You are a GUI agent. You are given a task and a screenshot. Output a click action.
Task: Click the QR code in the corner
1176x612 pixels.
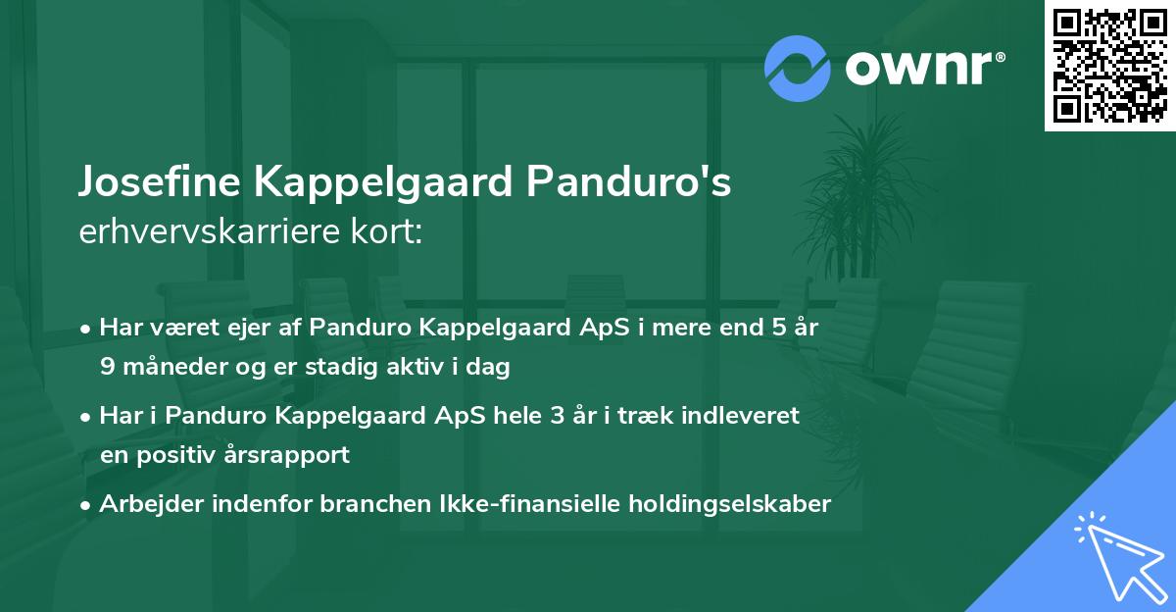(x=1110, y=66)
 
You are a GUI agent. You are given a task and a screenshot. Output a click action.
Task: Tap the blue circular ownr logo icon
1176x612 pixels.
(x=799, y=68)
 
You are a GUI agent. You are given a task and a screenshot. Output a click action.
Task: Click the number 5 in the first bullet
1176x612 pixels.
(x=779, y=328)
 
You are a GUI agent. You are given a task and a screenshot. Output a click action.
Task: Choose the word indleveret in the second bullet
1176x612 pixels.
(x=744, y=416)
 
